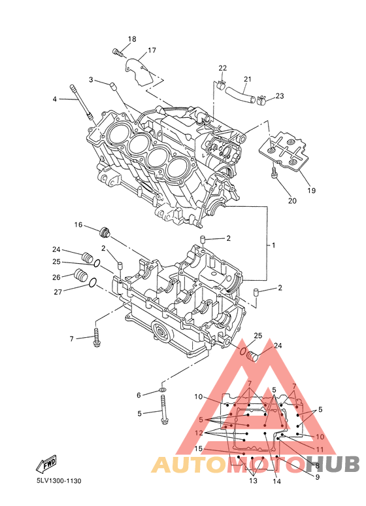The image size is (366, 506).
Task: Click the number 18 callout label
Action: (x=132, y=39)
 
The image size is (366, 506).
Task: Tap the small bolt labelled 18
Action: (x=118, y=52)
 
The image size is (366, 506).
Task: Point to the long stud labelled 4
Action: (x=81, y=102)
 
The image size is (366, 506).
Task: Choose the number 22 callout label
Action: (x=223, y=68)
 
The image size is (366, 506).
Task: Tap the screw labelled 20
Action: (x=274, y=172)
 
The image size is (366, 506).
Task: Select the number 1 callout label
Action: (x=274, y=245)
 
